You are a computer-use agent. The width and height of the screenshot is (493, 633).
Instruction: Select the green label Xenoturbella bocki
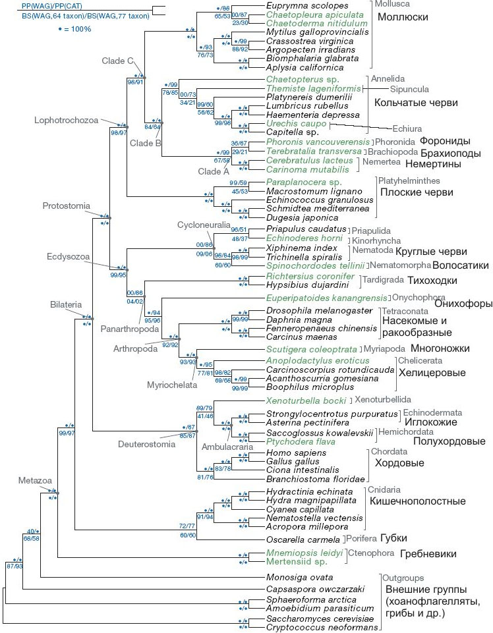307,399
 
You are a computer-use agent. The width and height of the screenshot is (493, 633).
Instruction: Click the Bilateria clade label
66,304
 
